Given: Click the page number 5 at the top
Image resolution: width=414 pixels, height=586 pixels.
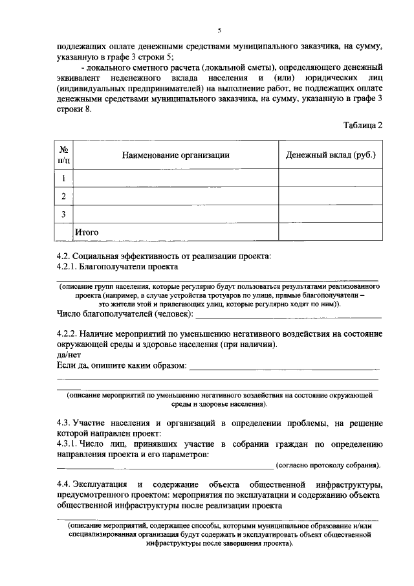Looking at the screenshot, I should tap(219, 30).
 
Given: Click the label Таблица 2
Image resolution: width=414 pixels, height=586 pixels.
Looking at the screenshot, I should tap(362, 126).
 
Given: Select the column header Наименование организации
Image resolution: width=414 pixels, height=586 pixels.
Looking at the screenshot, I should tap(176, 155).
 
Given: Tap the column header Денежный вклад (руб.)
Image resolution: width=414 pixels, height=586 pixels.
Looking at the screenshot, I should tap(331, 155).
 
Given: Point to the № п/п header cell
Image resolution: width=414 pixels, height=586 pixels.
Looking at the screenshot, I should tap(64, 155).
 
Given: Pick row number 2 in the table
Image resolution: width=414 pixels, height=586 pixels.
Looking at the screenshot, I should tap(64, 196).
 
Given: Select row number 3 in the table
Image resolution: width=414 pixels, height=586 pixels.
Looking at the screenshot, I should tap(64, 214).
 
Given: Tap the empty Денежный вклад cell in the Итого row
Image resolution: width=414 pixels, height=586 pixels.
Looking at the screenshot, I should tap(331, 231).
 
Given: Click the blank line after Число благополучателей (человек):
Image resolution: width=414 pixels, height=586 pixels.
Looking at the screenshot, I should tap(288, 317).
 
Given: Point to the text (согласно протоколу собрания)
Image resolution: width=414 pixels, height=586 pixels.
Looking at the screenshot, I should tap(328, 466).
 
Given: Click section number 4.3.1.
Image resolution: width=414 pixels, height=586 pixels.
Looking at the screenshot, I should tap(69, 445).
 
